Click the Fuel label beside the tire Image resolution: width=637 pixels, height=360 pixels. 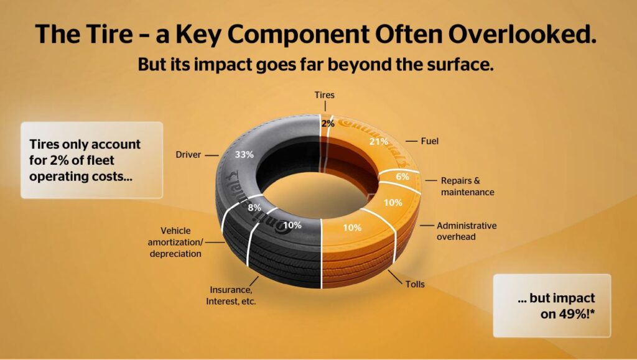pyautogui.click(x=429, y=141)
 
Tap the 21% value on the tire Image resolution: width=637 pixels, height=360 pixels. pyautogui.click(x=379, y=142)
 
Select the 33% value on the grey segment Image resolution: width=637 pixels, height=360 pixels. pyautogui.click(x=244, y=155)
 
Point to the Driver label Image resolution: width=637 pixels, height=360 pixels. pyautogui.click(x=188, y=155)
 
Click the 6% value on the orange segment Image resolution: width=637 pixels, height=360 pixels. pyautogui.click(x=402, y=177)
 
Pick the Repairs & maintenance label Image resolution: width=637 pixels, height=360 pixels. pyautogui.click(x=468, y=187)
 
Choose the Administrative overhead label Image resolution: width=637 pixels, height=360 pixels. pyautogui.click(x=467, y=231)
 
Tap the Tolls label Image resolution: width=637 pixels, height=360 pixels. pyautogui.click(x=415, y=284)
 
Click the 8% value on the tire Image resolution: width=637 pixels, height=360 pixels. pyautogui.click(x=254, y=208)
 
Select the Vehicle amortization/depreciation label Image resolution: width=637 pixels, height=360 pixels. pyautogui.click(x=175, y=242)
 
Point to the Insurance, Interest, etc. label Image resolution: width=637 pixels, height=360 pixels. pyautogui.click(x=231, y=295)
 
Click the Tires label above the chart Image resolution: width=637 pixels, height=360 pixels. pyautogui.click(x=325, y=95)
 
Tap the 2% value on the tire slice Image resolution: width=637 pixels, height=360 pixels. pyautogui.click(x=328, y=123)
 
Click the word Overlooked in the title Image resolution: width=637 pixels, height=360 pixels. pyautogui.click(x=523, y=34)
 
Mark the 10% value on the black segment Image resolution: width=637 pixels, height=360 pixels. pyautogui.click(x=292, y=225)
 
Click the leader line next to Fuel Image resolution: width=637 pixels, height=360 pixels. pyautogui.click(x=411, y=141)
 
